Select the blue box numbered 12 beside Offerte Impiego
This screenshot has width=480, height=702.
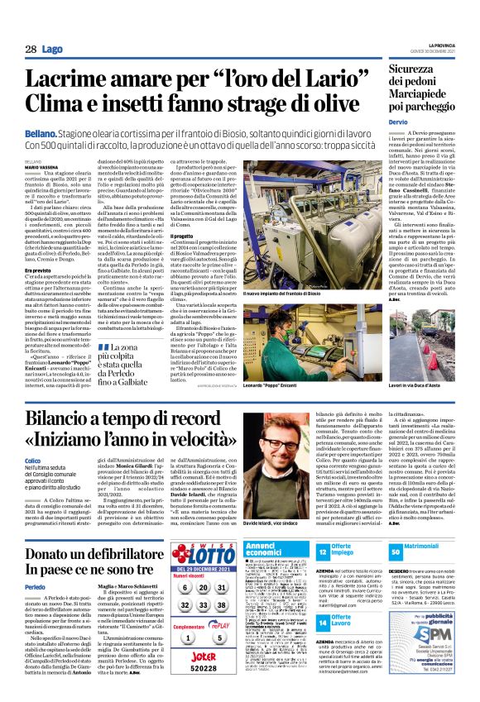click(324, 550)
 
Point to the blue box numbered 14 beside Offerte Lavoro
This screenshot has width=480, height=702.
click(324, 619)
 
